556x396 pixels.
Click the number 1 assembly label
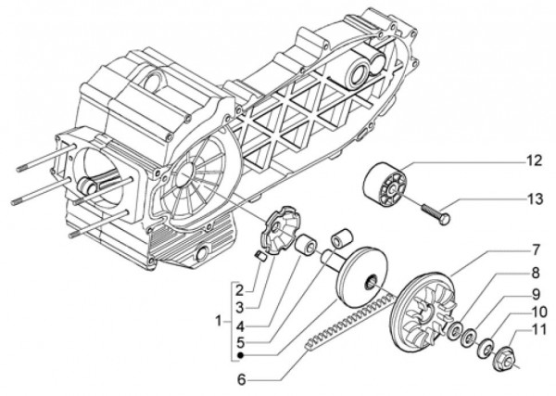coord(215,320)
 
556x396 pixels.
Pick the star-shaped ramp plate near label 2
coord(275,230)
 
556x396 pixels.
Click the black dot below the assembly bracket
coord(240,355)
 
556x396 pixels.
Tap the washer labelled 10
coord(483,349)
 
